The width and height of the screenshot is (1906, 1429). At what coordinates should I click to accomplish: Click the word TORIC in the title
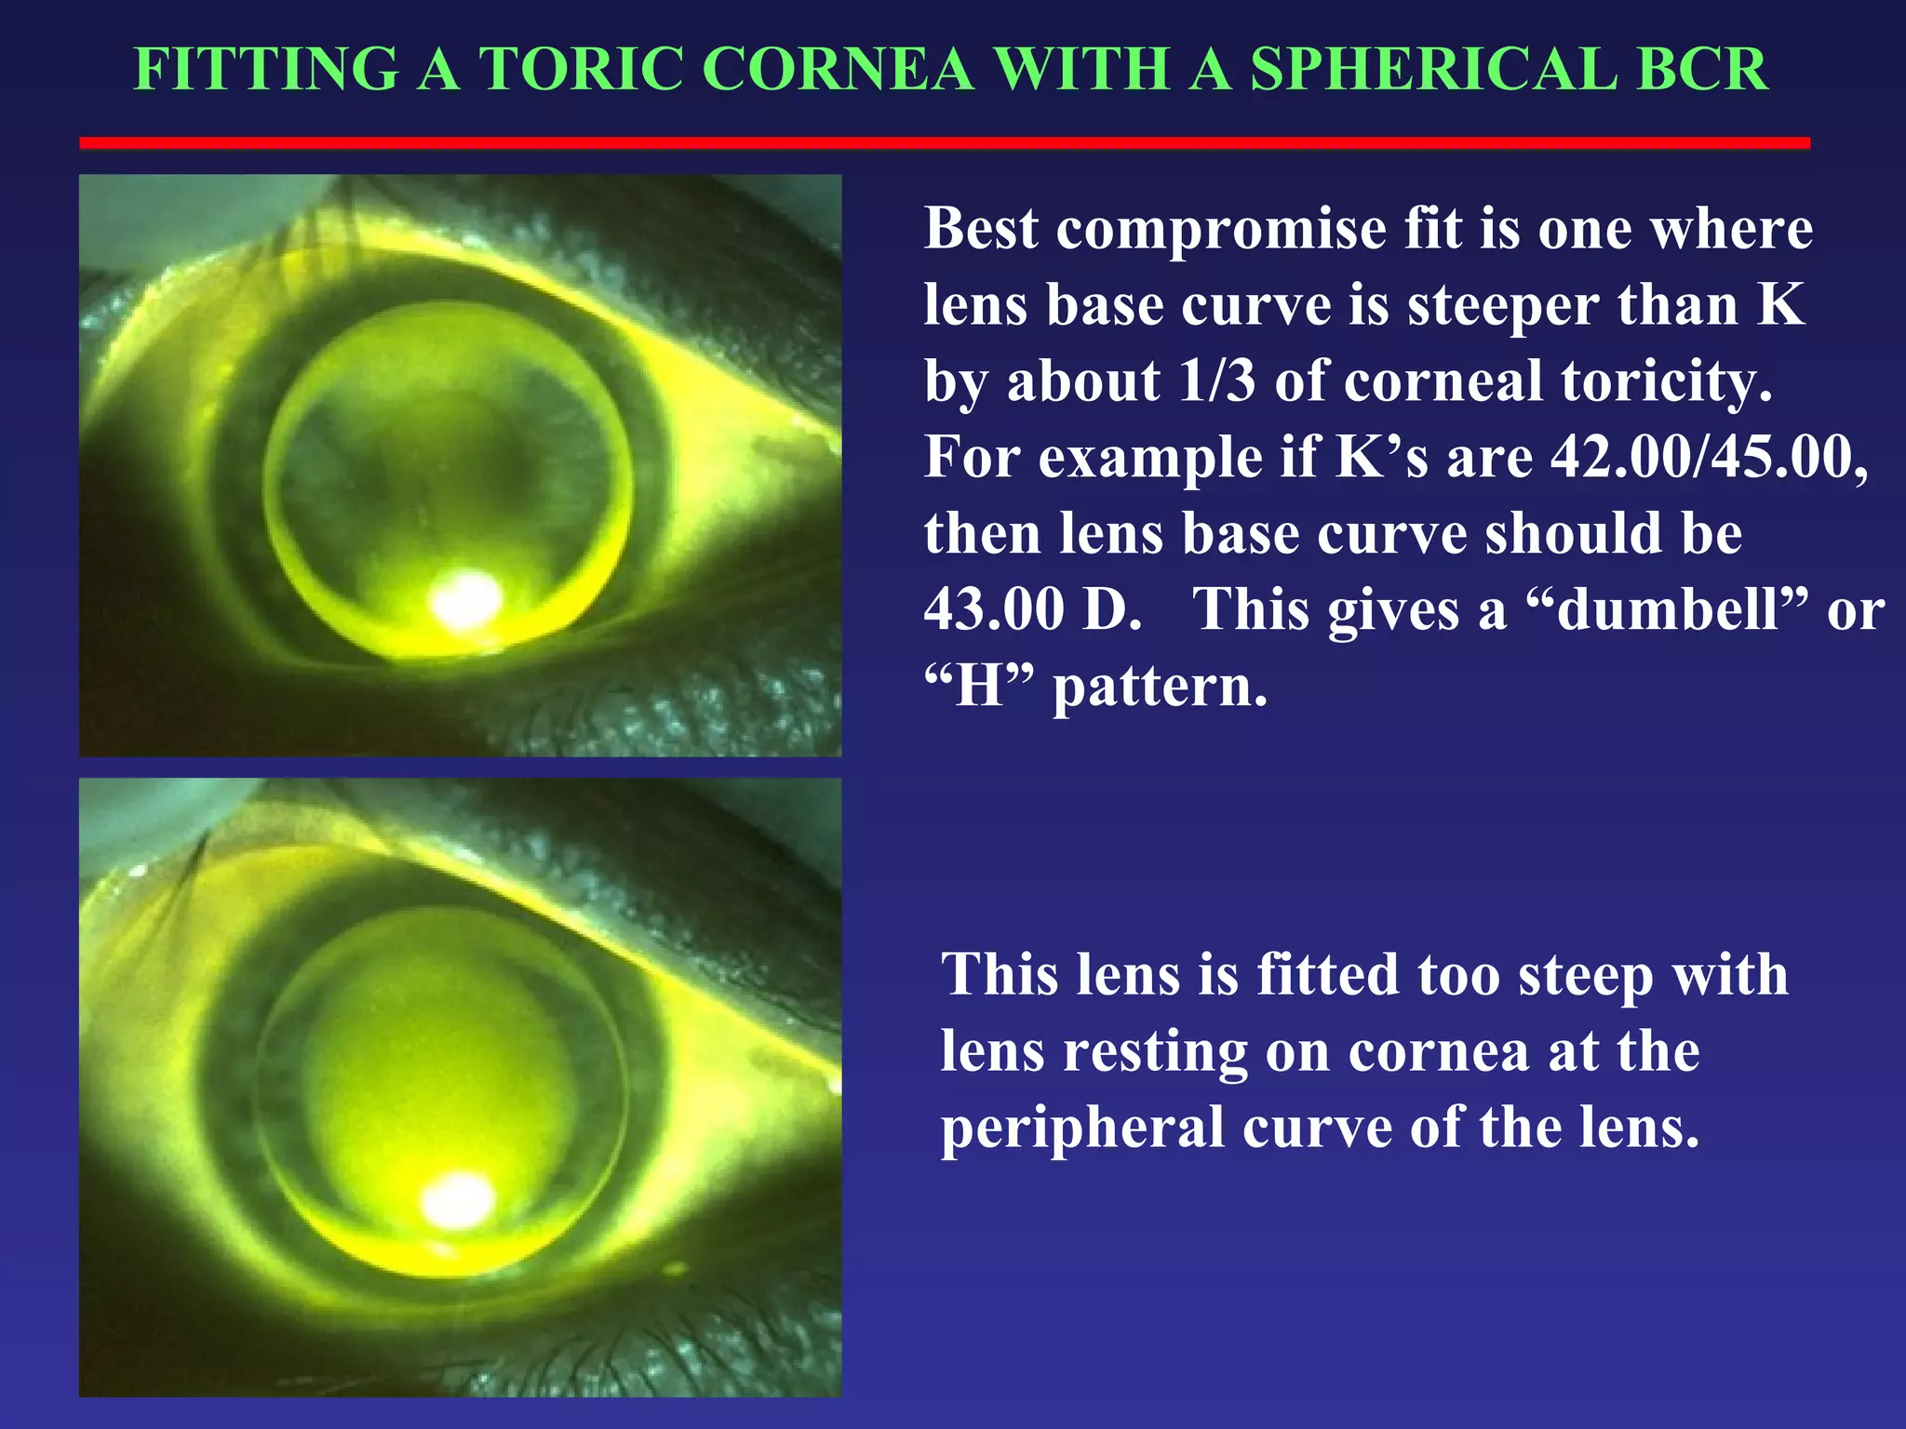click(x=583, y=69)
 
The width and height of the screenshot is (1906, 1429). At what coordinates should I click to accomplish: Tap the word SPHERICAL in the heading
click(x=1433, y=69)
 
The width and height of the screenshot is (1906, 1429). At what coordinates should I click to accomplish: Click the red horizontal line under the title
click(x=944, y=142)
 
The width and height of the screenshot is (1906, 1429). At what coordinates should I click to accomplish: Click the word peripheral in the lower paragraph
click(x=1082, y=1128)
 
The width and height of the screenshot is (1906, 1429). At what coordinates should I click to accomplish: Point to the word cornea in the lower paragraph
click(x=1439, y=1051)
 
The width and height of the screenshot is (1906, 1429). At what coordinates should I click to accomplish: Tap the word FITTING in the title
click(x=266, y=69)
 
